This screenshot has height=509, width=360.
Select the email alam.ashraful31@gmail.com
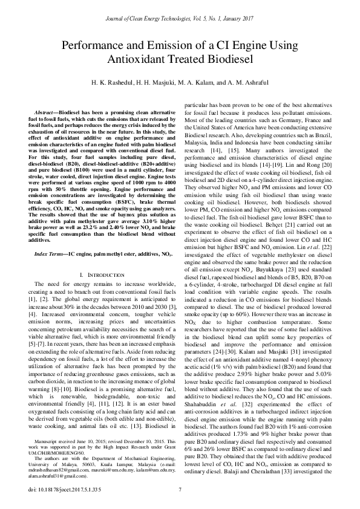pyautogui.click(x=58, y=475)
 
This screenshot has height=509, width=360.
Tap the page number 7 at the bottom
pyautogui.click(x=180, y=489)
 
